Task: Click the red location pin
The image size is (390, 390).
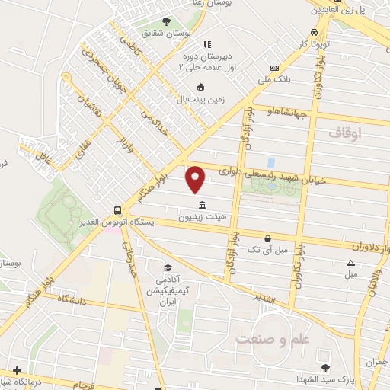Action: (x=196, y=179)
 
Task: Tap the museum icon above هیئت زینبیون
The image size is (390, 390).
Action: (x=202, y=206)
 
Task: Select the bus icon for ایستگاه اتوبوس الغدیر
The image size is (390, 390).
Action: (x=117, y=209)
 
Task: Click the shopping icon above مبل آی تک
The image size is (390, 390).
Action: (x=267, y=238)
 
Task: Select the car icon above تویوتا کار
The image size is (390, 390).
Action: (x=314, y=34)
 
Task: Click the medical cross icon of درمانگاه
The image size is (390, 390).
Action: (x=18, y=370)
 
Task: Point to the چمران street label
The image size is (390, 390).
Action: (x=375, y=363)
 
